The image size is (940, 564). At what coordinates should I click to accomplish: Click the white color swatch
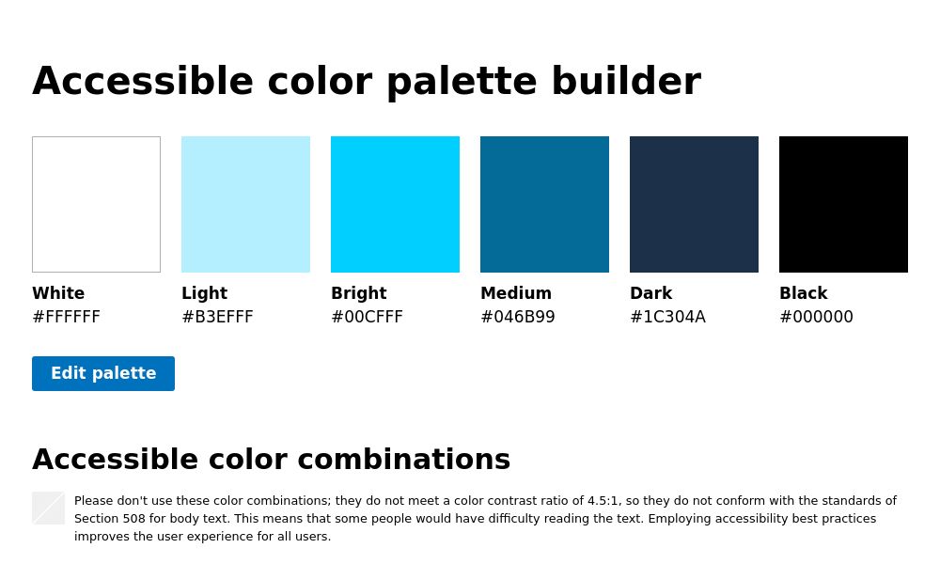(x=96, y=204)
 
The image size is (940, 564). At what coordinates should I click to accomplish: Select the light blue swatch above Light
(x=245, y=204)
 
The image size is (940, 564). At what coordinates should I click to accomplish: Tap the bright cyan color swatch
(x=395, y=204)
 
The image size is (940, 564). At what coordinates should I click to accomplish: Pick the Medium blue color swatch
(x=544, y=204)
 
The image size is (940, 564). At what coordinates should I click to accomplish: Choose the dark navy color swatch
(x=694, y=204)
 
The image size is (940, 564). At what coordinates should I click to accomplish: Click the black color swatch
(x=843, y=204)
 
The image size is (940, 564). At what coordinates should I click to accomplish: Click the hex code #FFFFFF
(x=66, y=317)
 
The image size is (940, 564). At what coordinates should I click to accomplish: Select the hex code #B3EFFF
(x=217, y=317)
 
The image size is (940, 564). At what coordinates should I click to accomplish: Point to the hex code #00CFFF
(x=367, y=317)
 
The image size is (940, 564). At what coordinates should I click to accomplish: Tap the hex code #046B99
(x=517, y=317)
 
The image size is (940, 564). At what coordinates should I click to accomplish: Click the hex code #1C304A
(x=667, y=317)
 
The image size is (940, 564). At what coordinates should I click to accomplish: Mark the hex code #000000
(x=816, y=317)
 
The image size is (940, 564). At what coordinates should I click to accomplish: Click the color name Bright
(x=358, y=293)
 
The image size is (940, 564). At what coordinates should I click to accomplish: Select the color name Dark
(x=650, y=293)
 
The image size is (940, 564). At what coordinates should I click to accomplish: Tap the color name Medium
(x=515, y=293)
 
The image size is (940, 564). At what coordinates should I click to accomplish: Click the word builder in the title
(x=625, y=82)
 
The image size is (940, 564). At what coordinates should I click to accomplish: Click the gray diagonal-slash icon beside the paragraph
(x=48, y=508)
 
